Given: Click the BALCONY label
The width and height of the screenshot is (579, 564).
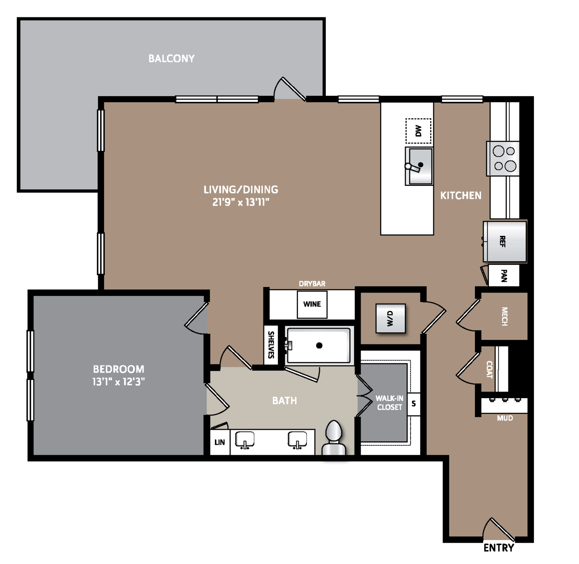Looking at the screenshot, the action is point(171,58).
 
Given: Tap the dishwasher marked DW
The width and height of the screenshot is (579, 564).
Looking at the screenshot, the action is point(418,131).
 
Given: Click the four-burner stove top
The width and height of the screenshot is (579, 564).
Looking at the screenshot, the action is point(503,159).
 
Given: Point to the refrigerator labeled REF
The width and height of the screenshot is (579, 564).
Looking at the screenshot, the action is point(505,241).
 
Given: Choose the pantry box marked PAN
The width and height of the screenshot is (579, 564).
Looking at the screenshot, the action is point(504,276).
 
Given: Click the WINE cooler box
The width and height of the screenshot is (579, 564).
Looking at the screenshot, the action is point(312,305).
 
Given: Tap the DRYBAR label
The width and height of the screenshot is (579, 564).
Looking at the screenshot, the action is point(312,283).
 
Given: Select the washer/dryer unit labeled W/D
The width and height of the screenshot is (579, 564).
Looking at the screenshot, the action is point(390,318).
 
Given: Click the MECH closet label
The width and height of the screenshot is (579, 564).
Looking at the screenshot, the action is point(504,316).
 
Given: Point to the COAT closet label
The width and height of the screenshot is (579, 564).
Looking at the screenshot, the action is point(489,370).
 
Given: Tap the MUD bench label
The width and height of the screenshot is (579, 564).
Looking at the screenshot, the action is point(505,418).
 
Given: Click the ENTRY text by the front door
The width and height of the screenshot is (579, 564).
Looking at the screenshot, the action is point(499,548).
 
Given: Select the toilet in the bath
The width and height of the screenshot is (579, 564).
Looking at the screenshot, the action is point(334,438).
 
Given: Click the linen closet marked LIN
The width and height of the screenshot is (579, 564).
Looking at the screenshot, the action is point(220,442).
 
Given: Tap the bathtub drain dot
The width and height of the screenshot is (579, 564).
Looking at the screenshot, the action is point(319,345).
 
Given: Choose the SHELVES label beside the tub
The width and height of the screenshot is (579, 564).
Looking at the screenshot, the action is point(271,345).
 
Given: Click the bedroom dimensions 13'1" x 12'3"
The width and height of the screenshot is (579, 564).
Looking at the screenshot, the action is point(118,382).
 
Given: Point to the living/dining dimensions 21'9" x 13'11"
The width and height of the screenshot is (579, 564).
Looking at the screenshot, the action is point(241,202).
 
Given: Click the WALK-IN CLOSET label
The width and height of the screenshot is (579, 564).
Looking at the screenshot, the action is point(390,402).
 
